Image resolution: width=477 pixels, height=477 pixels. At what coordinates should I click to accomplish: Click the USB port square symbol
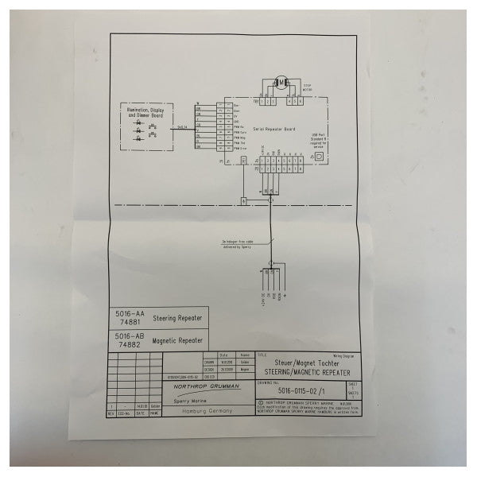tap(320, 157)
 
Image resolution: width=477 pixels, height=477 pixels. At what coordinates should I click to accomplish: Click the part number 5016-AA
tap(122, 314)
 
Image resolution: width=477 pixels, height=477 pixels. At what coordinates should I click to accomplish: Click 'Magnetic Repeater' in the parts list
tap(176, 340)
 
